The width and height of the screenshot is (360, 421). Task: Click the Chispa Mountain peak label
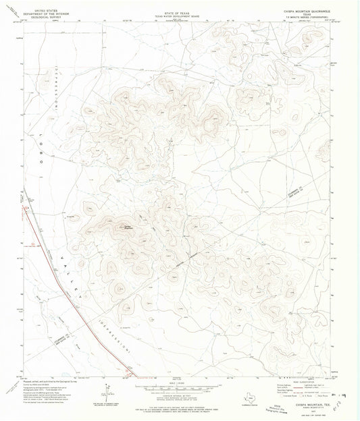(126, 226)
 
